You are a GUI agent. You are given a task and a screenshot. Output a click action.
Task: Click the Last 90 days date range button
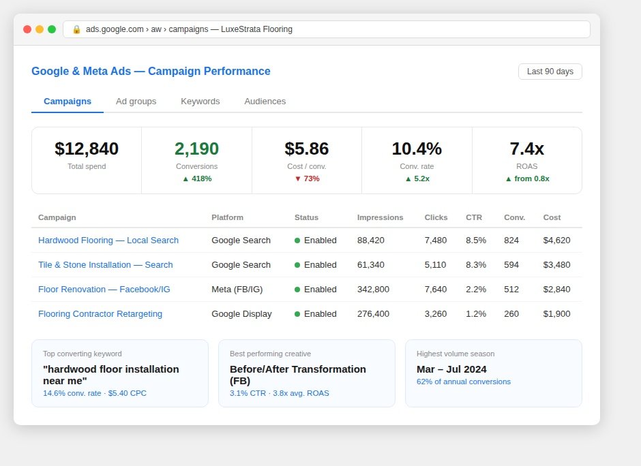click(550, 72)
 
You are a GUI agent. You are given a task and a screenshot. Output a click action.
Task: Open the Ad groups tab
click(136, 102)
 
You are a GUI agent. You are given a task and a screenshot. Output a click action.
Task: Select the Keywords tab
click(200, 102)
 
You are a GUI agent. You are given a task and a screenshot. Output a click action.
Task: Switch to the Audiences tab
click(265, 102)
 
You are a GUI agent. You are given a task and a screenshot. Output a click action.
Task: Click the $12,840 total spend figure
click(87, 149)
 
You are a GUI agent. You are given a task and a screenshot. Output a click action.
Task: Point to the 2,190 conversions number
click(196, 149)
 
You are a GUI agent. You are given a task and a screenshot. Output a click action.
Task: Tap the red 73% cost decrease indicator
click(307, 178)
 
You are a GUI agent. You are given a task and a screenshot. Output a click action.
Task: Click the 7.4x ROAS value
click(527, 149)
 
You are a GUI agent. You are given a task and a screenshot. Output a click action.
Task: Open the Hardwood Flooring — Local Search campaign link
click(108, 240)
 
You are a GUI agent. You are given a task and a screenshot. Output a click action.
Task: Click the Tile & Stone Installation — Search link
click(106, 264)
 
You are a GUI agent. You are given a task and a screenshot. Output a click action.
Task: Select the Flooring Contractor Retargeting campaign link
click(100, 313)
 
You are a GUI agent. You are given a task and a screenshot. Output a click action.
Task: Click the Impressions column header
click(381, 217)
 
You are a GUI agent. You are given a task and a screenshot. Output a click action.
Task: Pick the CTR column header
click(474, 217)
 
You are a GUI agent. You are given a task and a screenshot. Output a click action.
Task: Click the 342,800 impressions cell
click(373, 289)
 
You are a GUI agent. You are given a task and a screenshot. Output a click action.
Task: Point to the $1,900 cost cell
click(557, 313)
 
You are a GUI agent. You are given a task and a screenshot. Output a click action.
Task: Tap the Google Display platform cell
click(241, 313)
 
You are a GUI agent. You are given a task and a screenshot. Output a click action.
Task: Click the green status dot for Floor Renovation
click(297, 290)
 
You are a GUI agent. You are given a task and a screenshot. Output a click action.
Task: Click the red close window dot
click(27, 29)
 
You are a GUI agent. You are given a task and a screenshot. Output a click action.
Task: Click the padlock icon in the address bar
click(76, 29)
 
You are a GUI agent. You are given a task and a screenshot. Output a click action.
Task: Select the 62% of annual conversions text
click(464, 382)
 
